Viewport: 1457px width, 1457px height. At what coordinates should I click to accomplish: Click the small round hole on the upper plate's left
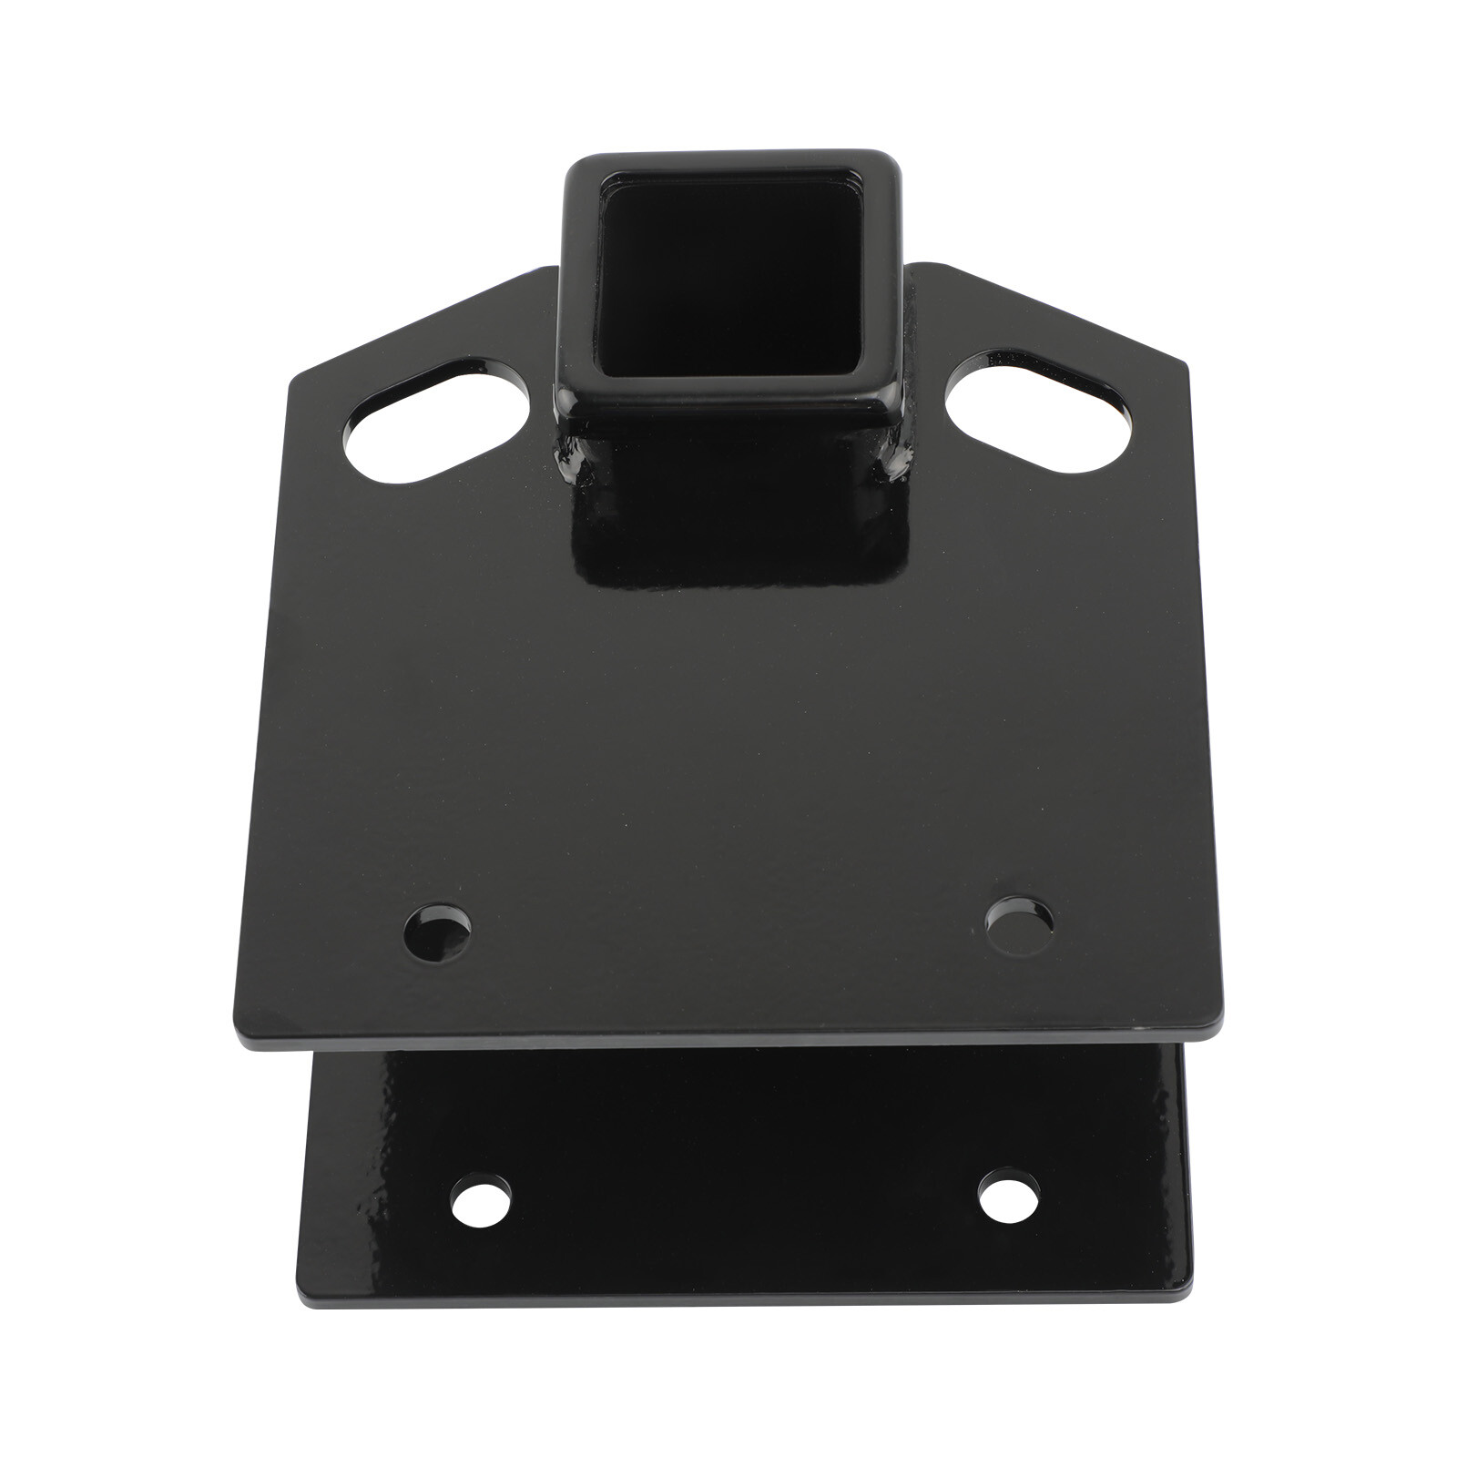pyautogui.click(x=438, y=932)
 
